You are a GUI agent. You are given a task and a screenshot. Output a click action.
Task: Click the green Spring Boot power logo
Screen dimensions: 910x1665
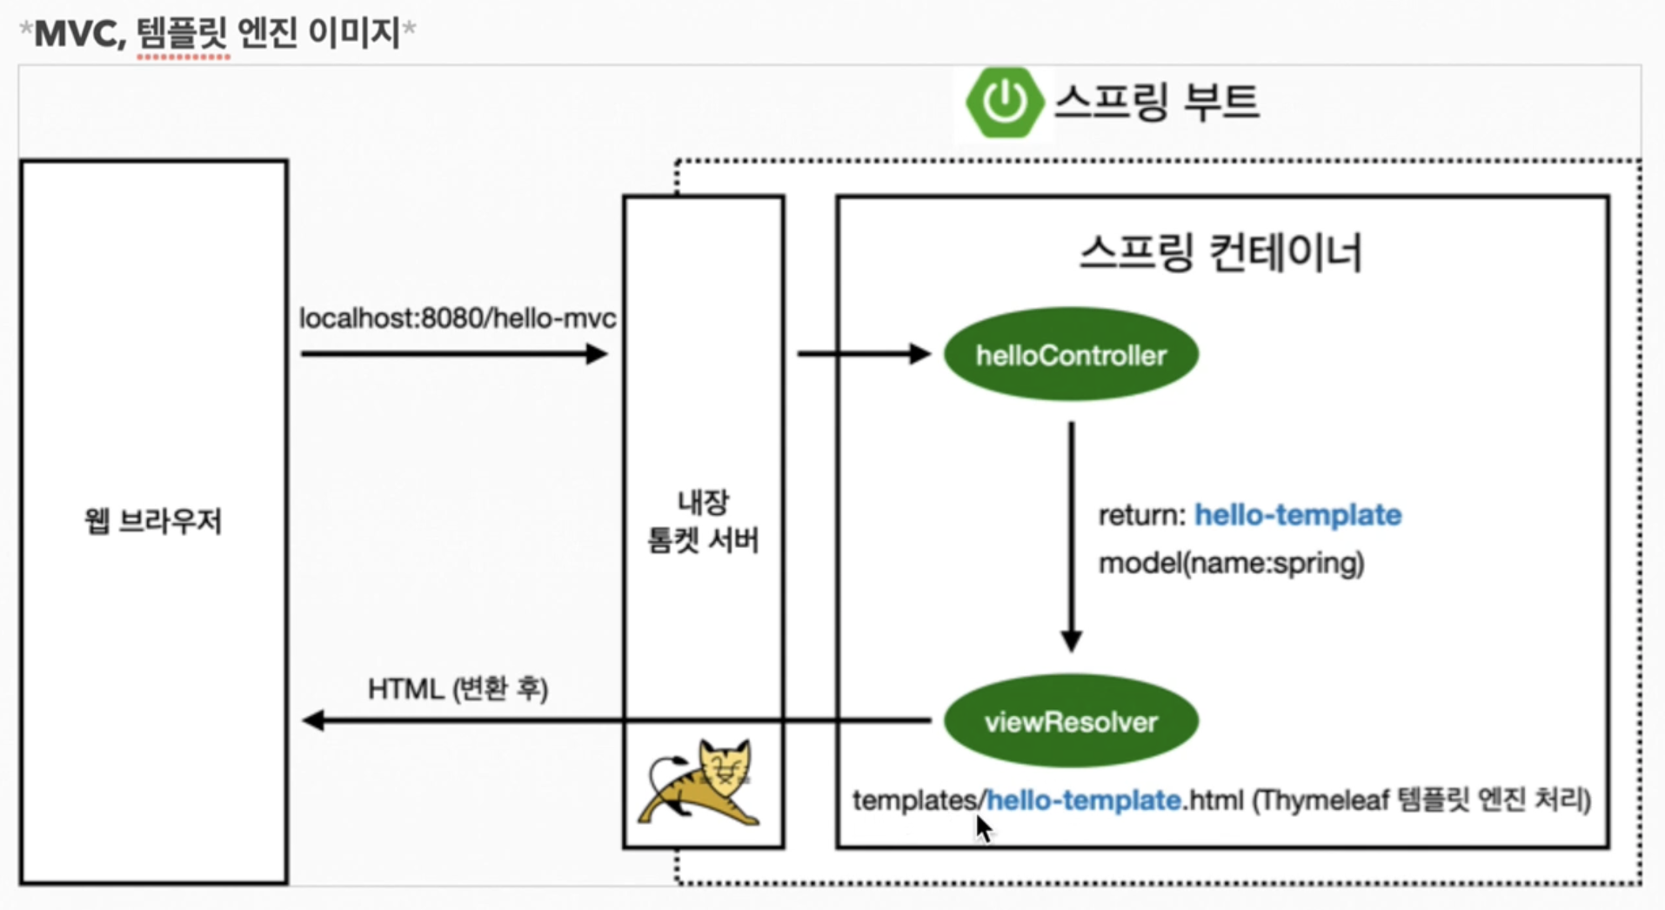click(x=1005, y=102)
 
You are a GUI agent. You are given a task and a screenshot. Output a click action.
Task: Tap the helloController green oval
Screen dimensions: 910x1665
click(x=1071, y=355)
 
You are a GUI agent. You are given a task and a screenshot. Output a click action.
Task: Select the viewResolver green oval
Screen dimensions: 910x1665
click(x=1071, y=721)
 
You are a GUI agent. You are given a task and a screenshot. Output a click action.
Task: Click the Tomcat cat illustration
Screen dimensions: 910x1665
click(x=701, y=783)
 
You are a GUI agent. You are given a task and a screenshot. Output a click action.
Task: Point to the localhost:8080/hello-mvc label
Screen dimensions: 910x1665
click(x=458, y=318)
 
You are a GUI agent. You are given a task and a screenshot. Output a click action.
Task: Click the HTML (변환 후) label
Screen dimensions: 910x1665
click(x=458, y=689)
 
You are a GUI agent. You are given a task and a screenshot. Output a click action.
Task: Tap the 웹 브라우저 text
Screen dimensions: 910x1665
click(x=154, y=521)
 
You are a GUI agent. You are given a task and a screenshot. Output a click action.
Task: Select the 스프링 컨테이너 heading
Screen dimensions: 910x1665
click(x=1220, y=253)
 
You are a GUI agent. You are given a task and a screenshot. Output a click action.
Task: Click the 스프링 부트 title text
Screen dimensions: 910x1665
click(x=1156, y=102)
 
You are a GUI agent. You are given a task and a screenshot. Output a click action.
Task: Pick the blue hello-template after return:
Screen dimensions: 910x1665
click(x=1297, y=515)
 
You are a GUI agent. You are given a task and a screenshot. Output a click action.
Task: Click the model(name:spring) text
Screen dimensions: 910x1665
click(x=1231, y=564)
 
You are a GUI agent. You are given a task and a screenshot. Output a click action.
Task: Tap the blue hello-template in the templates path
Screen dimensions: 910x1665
click(x=1084, y=800)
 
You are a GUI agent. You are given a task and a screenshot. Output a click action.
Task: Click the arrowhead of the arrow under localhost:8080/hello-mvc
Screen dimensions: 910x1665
click(x=597, y=354)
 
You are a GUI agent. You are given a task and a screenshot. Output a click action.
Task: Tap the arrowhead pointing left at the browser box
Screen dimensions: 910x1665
click(x=313, y=720)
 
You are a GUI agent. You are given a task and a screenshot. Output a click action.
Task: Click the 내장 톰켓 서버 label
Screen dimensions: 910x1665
click(x=703, y=521)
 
